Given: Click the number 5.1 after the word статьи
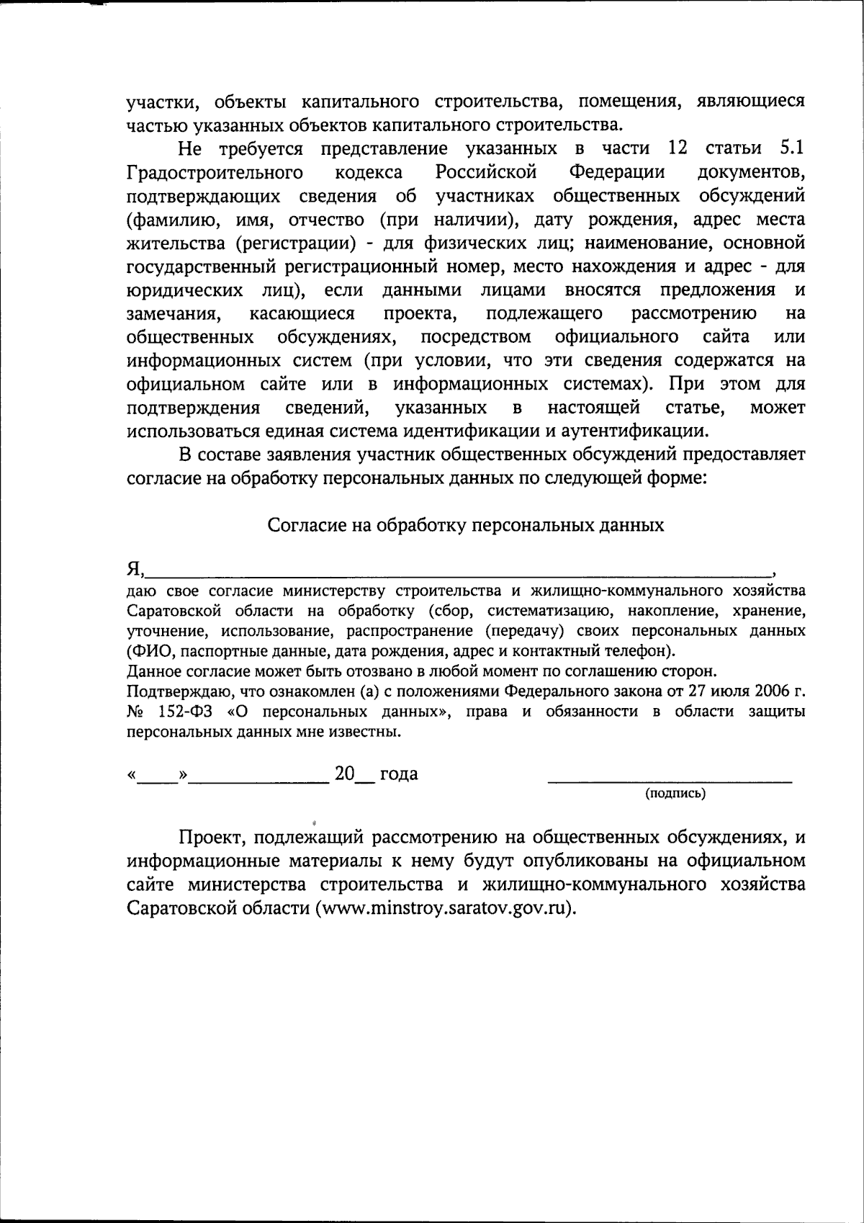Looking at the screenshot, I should tap(792, 148).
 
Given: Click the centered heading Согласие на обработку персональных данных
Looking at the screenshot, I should tap(465, 524).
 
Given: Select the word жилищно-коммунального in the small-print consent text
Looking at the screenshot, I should tap(636, 591).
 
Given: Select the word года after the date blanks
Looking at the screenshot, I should tap(398, 774).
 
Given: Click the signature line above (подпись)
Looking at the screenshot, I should tap(670, 780).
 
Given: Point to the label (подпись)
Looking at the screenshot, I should tap(675, 794).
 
